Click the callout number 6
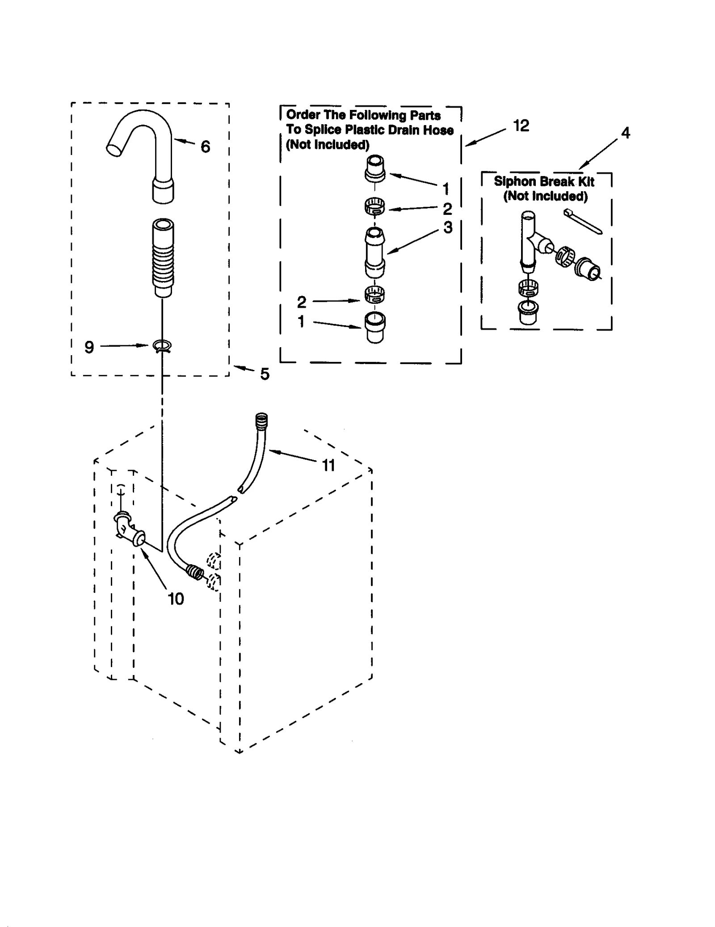click(x=205, y=147)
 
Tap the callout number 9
click(x=89, y=347)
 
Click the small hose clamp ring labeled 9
click(x=162, y=345)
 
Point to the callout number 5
click(x=265, y=374)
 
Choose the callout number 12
click(x=521, y=126)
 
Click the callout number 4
click(x=626, y=133)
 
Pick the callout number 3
click(x=448, y=227)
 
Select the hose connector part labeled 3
click(x=374, y=252)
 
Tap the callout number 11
click(x=328, y=466)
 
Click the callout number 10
click(x=176, y=599)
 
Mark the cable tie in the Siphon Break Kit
click(x=583, y=221)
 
